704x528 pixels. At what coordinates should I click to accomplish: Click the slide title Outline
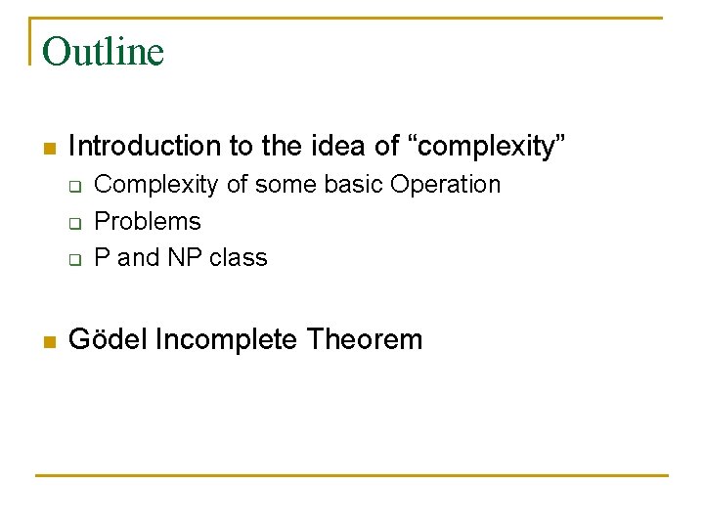103,52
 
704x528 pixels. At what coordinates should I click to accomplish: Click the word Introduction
145,147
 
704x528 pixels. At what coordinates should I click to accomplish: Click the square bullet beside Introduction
50,149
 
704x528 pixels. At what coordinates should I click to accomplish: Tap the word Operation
445,184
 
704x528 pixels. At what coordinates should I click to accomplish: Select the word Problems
147,222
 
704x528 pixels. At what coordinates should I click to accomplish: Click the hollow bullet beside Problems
73,223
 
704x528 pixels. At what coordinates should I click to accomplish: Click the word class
239,258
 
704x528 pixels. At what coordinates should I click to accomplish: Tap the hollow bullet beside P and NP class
73,260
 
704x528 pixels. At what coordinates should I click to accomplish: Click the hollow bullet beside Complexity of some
73,186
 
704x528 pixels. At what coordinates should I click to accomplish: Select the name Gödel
108,340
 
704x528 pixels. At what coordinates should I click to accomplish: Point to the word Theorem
365,340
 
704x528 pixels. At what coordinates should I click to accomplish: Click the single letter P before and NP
101,258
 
